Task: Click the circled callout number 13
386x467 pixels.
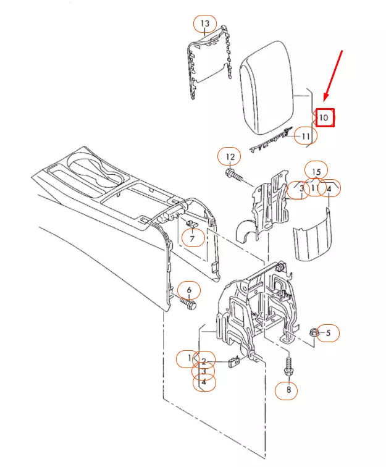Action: click(x=205, y=25)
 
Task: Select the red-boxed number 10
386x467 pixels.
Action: click(x=325, y=117)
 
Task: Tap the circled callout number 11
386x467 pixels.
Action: click(x=304, y=135)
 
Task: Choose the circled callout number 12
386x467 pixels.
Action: click(x=230, y=157)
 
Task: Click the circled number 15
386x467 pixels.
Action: click(x=316, y=171)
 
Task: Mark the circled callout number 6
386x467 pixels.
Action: click(x=189, y=290)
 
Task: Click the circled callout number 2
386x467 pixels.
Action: click(x=203, y=362)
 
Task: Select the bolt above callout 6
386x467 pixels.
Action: click(x=188, y=305)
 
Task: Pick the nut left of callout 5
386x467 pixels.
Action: click(x=313, y=332)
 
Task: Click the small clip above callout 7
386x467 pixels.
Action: click(x=191, y=223)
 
